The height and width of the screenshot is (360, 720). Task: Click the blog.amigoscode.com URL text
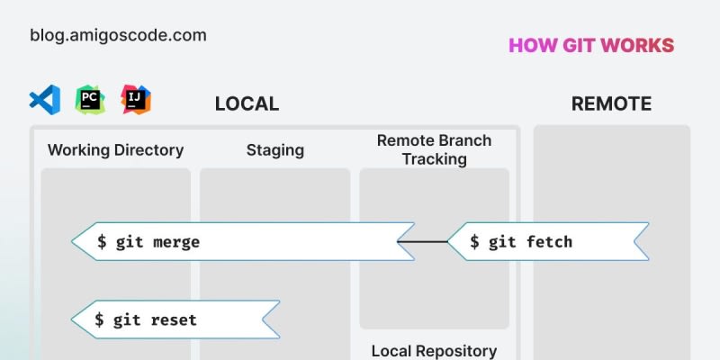(x=118, y=36)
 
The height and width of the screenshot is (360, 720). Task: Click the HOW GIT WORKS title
(x=590, y=46)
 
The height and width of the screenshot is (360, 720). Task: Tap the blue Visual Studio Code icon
(x=45, y=99)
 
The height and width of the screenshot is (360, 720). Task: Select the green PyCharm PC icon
(x=90, y=99)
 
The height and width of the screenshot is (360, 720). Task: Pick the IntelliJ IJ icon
(x=136, y=99)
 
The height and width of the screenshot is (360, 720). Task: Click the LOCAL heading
(x=247, y=104)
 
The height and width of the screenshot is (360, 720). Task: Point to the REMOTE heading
(x=611, y=104)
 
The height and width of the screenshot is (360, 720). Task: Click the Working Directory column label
(x=115, y=150)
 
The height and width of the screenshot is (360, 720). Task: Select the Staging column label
(x=274, y=150)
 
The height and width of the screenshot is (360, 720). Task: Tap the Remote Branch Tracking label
(x=434, y=149)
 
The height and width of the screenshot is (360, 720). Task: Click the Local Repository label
(x=434, y=351)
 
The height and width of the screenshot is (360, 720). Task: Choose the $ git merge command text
(x=148, y=242)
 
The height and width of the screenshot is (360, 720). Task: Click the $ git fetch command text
(x=521, y=242)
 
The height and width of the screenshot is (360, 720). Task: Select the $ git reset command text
(x=146, y=319)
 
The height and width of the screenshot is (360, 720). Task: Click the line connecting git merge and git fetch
(x=423, y=242)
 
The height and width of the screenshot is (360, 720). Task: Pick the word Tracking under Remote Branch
(x=434, y=159)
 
